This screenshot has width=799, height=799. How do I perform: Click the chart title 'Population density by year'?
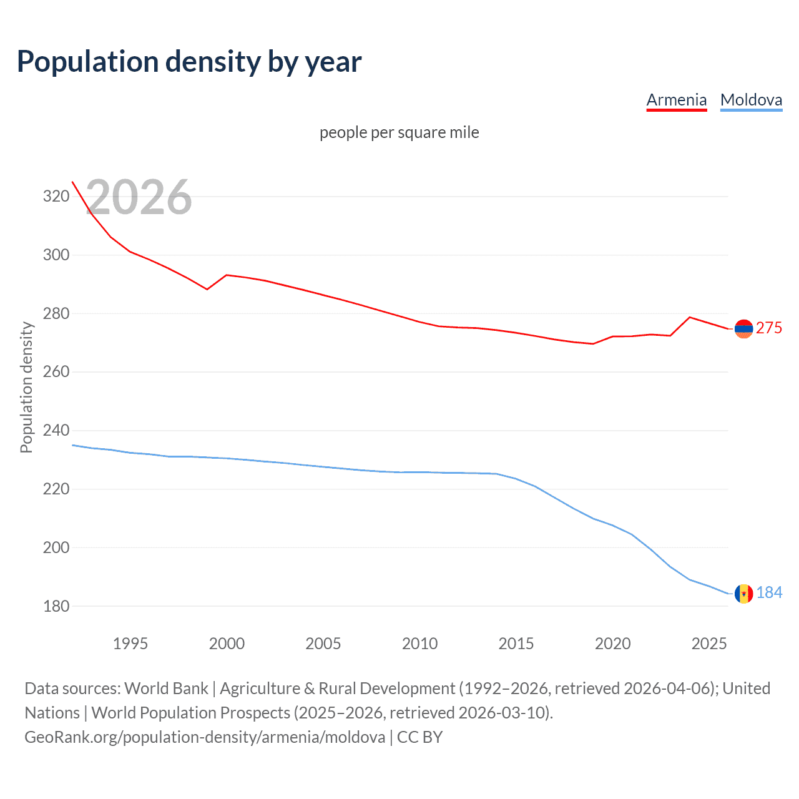pos(189,62)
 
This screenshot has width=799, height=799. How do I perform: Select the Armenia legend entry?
pos(677,100)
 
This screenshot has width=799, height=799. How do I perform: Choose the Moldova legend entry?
pos(751,100)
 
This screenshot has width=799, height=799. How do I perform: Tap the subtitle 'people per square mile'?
pos(399,132)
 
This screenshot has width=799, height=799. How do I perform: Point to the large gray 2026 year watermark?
pos(139,197)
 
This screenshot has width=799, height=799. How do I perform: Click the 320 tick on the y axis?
pos(56,197)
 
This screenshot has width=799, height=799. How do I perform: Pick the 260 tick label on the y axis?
pos(56,372)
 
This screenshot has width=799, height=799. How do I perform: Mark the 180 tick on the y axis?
pos(56,606)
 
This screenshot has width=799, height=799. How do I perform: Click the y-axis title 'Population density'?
pos(26,387)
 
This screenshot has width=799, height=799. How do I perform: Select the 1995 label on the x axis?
pos(130,644)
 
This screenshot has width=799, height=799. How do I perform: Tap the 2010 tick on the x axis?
pos(419,644)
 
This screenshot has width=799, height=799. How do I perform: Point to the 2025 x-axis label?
pos(709,644)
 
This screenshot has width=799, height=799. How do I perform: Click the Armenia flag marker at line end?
pos(743,328)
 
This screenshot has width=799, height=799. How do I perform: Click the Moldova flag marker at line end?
pos(743,594)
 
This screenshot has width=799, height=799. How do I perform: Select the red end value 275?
pos(769,328)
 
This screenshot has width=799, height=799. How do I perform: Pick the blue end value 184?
pos(769,592)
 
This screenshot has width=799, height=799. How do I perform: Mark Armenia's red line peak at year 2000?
pos(226,275)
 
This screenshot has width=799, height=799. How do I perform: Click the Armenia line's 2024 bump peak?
pos(689,317)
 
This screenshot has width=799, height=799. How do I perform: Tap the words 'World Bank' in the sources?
pos(166,689)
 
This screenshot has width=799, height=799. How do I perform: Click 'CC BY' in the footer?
pos(419,737)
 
